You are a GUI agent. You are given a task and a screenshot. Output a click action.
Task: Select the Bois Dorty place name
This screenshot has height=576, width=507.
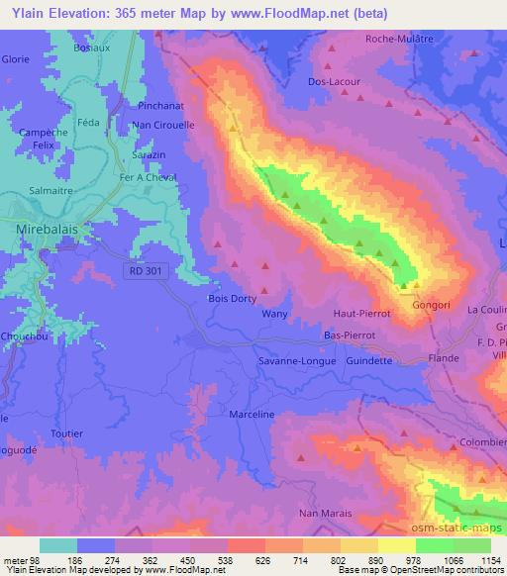click(232, 298)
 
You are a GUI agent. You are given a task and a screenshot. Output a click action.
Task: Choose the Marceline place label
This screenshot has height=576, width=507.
click(250, 415)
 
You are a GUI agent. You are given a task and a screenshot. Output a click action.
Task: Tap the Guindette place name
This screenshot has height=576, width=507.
click(369, 361)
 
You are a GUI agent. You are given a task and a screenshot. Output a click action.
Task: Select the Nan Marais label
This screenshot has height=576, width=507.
click(325, 513)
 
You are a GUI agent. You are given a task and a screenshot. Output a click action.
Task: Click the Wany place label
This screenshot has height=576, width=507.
click(273, 314)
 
